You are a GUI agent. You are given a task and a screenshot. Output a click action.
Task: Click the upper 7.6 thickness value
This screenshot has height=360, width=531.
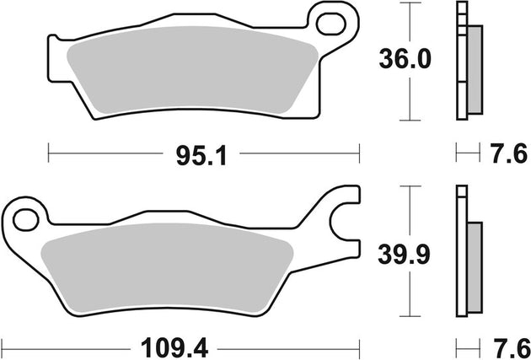[x=507, y=154]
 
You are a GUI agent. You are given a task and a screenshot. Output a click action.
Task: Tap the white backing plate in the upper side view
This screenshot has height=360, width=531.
[x=460, y=63]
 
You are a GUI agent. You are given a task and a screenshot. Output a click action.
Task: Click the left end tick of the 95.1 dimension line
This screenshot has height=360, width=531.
[x=49, y=154]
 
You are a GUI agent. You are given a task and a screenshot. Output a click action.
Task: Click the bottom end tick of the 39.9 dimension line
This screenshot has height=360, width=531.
[x=410, y=313]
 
